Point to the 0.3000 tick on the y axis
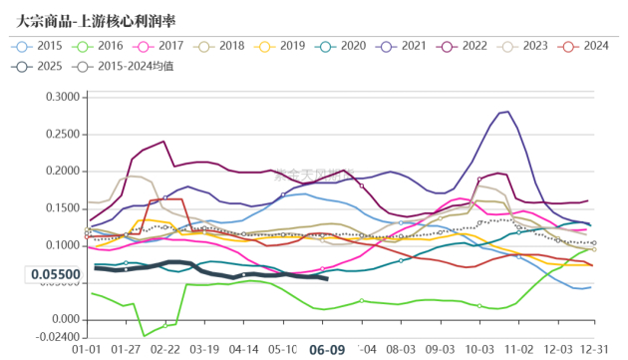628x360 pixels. click(59, 97)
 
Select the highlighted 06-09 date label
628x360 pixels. click(327, 350)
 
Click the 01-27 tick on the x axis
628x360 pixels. click(126, 350)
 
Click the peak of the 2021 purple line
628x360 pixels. click(507, 112)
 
